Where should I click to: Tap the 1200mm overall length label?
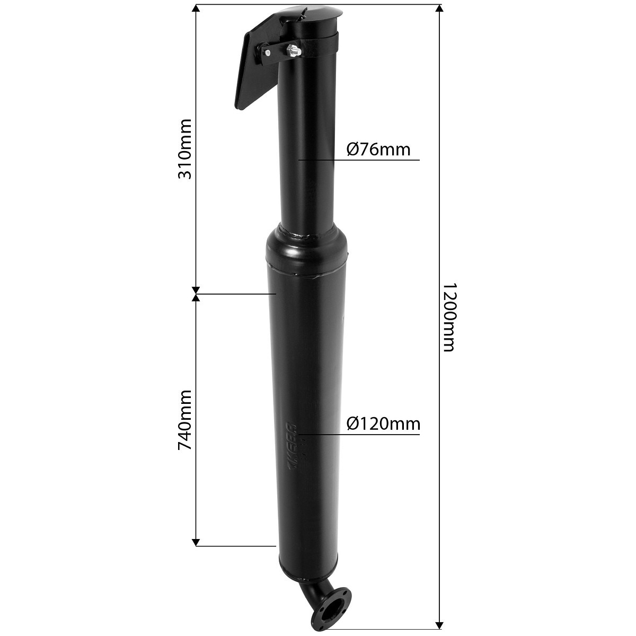[x=448, y=317]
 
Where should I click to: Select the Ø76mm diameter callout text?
[x=378, y=149]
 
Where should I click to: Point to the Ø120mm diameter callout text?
[x=384, y=423]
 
